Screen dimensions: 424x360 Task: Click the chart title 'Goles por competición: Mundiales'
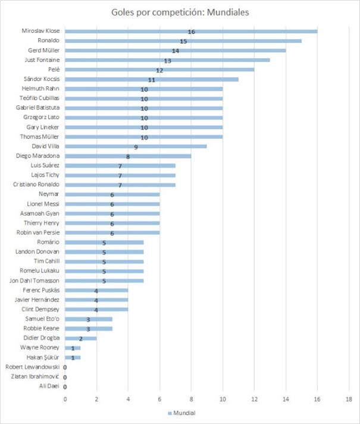click(180, 12)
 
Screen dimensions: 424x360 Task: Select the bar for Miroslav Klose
click(191, 31)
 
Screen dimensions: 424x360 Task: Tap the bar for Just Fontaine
click(167, 59)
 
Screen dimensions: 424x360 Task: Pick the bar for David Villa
click(136, 146)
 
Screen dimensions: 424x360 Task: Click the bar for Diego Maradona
click(128, 156)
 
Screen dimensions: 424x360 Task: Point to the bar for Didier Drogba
click(80, 338)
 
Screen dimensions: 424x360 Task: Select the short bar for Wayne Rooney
click(73, 347)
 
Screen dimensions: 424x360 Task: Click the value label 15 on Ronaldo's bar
click(183, 41)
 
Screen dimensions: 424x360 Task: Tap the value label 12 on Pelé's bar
click(159, 70)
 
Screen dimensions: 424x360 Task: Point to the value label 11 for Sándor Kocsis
click(152, 79)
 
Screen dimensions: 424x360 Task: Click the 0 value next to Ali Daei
click(64, 387)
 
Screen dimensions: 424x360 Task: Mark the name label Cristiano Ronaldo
click(37, 184)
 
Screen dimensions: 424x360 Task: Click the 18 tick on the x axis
click(349, 400)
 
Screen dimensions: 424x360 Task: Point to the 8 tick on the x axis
click(191, 400)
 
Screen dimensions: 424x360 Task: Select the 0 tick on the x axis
click(65, 400)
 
